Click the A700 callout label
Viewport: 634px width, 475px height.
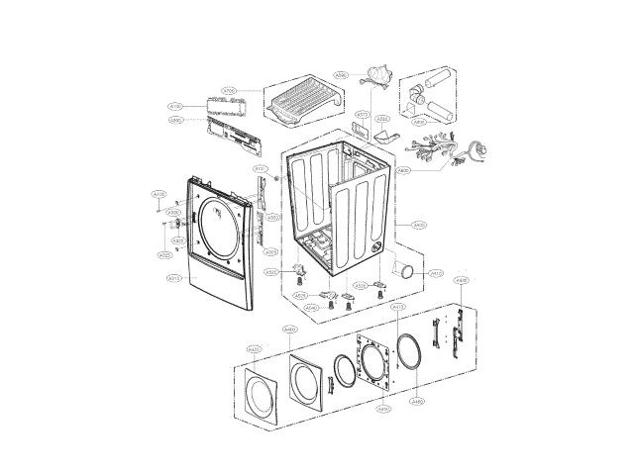(229, 91)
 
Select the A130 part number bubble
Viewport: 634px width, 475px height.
(175, 106)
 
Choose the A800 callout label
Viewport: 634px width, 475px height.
(403, 171)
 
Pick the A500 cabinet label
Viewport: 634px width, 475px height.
(419, 225)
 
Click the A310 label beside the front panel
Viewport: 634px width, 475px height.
(173, 280)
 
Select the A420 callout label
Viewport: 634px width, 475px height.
(254, 349)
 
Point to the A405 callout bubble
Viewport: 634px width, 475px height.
(461, 282)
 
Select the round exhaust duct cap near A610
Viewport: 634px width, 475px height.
(406, 272)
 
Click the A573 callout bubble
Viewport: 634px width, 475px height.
(362, 114)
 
